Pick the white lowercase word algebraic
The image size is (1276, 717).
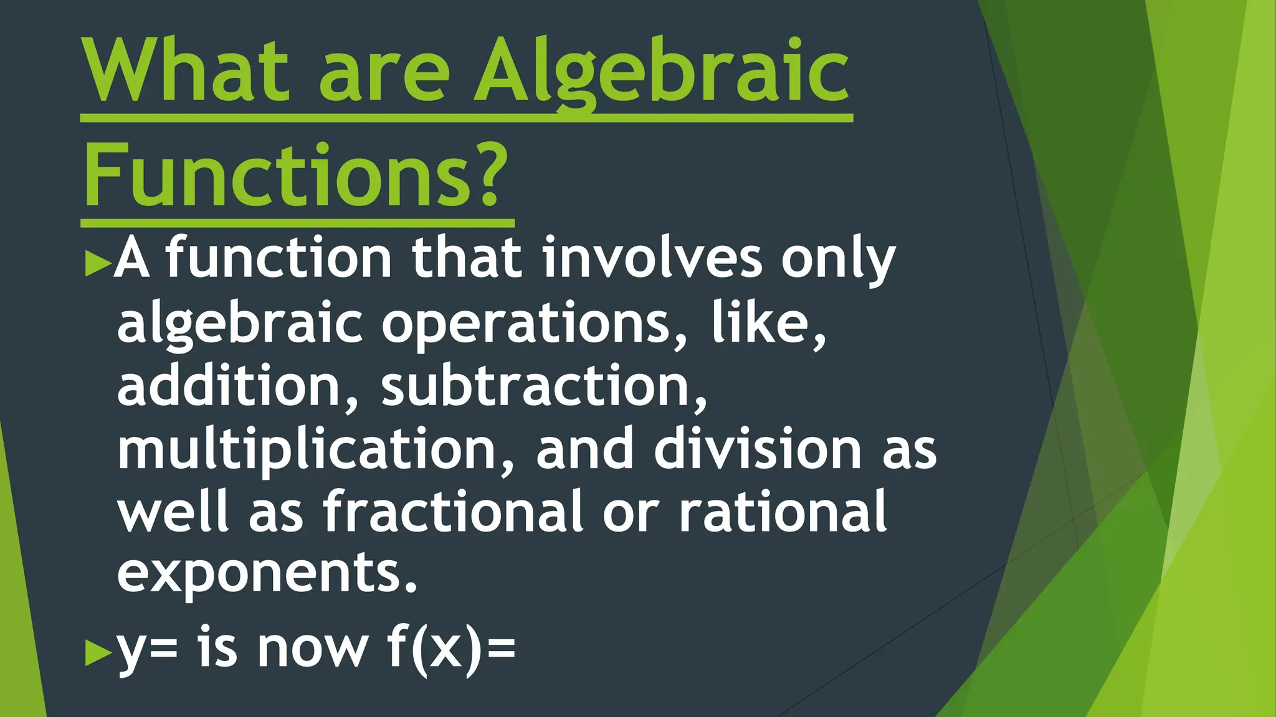click(240, 324)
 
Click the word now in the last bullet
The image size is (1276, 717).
click(312, 650)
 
